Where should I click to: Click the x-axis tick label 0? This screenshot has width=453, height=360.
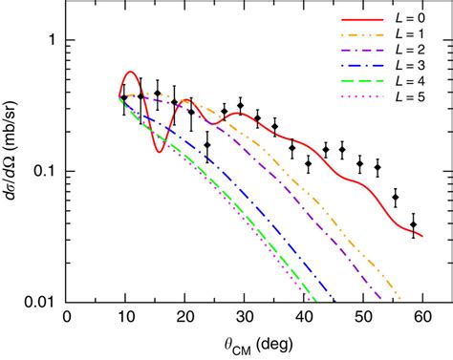(66, 318)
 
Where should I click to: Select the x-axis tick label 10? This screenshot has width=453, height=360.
(125, 318)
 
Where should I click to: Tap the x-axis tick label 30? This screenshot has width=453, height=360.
(244, 318)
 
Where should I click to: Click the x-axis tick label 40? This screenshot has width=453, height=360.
(304, 318)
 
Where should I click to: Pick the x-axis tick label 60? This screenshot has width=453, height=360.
(422, 318)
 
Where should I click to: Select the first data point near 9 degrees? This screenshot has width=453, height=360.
(122, 98)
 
